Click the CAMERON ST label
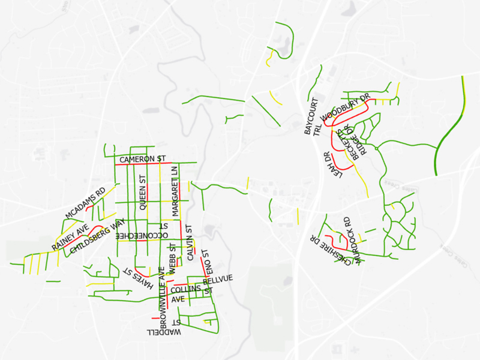point(142,160)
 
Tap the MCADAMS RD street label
point(85,203)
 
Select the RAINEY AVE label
point(70,236)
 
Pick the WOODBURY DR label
point(346,108)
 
